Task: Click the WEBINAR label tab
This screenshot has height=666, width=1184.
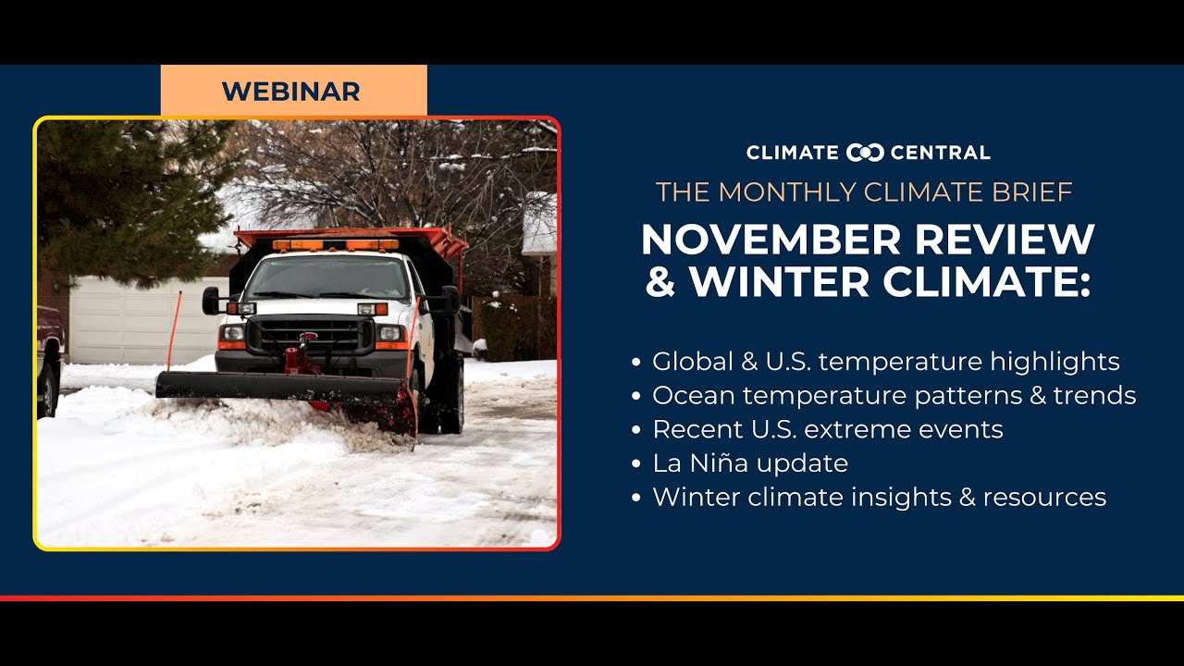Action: coord(292,92)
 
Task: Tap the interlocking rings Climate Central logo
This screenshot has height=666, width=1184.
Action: coord(866,153)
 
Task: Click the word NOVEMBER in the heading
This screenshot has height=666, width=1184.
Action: coord(759,240)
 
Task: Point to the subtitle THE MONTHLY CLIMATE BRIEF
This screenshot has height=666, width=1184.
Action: coord(864,192)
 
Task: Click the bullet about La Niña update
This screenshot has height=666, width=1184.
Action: coord(749,462)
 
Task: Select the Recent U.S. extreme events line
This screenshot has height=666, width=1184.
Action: coord(827,429)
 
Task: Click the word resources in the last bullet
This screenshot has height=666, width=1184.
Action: coord(1044,497)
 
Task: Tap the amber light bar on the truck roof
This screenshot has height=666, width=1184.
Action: coord(336,245)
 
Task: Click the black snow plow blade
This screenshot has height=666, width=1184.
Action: coord(277,386)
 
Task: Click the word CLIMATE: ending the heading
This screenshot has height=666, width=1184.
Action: coord(986,282)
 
